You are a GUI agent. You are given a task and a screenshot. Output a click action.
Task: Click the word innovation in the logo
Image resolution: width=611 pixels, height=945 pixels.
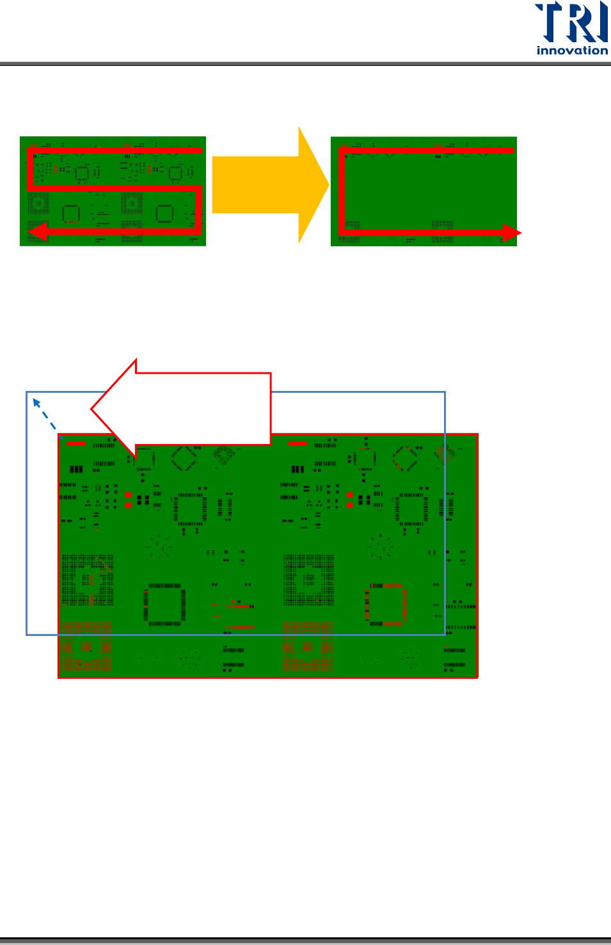coord(572,51)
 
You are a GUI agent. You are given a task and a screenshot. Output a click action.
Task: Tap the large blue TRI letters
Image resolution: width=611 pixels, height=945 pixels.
coord(571,23)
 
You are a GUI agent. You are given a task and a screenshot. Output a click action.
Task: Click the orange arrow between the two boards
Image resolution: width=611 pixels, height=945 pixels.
coord(269,185)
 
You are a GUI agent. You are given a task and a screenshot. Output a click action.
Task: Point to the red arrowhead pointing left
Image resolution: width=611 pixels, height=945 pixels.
coord(37,231)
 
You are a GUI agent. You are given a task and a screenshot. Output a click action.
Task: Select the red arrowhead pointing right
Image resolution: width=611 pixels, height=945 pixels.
coord(511,234)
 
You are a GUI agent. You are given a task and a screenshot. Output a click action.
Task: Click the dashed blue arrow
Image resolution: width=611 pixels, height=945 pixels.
coord(45,414)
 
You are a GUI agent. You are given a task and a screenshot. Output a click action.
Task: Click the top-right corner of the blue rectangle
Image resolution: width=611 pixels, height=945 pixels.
coord(445,392)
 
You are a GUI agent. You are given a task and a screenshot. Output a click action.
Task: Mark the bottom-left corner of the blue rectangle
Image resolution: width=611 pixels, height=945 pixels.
coord(26,635)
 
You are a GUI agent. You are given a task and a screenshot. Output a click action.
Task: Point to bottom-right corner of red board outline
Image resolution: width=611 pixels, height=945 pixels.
coord(477,677)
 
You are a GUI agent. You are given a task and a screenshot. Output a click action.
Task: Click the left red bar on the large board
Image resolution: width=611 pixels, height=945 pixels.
coord(76,443)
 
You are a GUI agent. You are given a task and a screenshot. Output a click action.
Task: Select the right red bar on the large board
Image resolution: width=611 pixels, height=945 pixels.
coord(298,443)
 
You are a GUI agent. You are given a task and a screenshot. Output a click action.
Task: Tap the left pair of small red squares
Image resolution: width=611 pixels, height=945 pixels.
coord(129,500)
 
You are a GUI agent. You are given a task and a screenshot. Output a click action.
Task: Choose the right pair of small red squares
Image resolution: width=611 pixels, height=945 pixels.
coord(349,500)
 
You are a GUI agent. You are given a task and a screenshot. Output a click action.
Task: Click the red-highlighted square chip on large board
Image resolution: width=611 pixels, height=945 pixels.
coord(386,605)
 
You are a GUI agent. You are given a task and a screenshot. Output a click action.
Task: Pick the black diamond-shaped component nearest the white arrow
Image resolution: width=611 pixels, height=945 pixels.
coord(184,459)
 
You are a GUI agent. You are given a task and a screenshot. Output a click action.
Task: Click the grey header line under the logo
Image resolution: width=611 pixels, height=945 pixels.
coord(305,64)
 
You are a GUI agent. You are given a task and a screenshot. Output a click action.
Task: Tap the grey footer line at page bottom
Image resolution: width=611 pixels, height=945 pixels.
coord(305,941)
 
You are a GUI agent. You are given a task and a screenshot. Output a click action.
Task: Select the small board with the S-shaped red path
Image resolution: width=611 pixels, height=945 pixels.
coord(113,191)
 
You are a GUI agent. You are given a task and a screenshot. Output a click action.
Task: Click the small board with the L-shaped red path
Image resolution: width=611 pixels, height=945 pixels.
coord(424,191)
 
